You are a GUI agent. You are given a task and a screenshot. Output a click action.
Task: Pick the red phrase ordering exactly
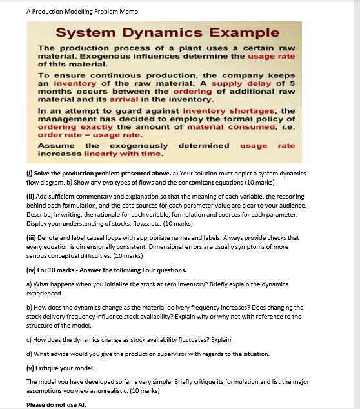[x=70, y=127]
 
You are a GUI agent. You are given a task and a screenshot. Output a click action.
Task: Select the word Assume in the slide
[x=56, y=146]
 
